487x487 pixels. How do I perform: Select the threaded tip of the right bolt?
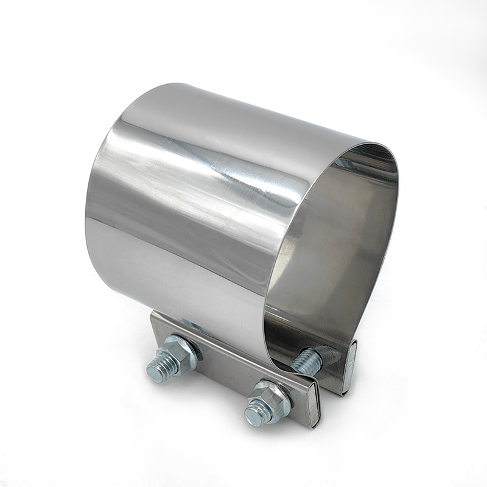[x=254, y=415]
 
